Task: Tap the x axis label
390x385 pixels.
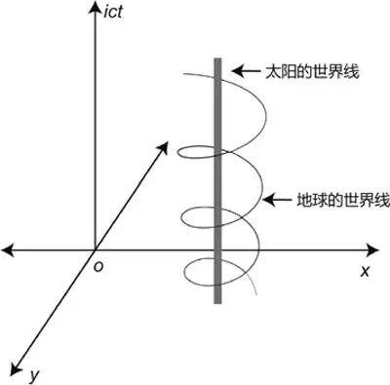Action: pyautogui.click(x=365, y=271)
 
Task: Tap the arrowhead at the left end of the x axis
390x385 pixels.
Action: pyautogui.click(x=8, y=250)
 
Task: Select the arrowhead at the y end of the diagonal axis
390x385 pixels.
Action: pyautogui.click(x=15, y=368)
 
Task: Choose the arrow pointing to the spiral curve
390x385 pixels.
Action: pyautogui.click(x=278, y=201)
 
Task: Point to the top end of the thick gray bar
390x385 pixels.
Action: pyautogui.click(x=217, y=61)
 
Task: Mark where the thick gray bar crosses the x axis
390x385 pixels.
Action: pyautogui.click(x=217, y=250)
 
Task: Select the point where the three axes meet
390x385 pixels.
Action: pyautogui.click(x=94, y=250)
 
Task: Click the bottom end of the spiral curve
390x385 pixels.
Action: pyautogui.click(x=256, y=292)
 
